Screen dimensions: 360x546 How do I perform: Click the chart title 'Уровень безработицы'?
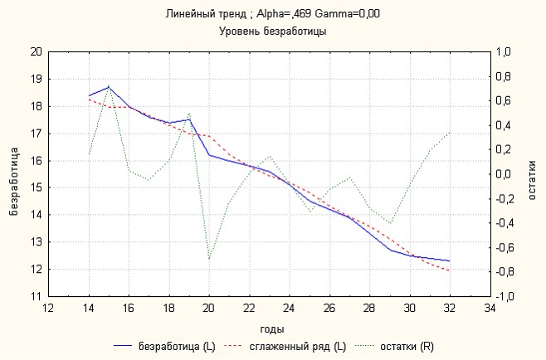pos(272,32)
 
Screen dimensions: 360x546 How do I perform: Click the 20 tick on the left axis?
pos(35,51)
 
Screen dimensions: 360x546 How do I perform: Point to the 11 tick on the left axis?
pos(35,296)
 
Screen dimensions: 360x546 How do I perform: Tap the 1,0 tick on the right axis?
pos(505,51)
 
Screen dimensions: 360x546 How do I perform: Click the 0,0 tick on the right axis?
pos(505,174)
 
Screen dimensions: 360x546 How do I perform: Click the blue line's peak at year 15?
pos(109,86)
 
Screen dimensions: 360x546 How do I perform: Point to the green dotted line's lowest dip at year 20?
pos(209,260)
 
